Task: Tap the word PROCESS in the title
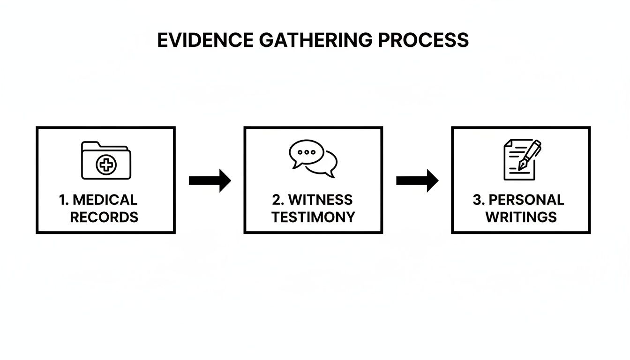tap(423, 40)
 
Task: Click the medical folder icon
tap(106, 160)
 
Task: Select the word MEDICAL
tap(105, 200)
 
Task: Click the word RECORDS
tap(104, 217)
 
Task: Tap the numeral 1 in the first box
tap(62, 200)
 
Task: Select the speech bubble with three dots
tap(306, 153)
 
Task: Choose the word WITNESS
tap(320, 200)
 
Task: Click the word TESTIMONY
tap(313, 217)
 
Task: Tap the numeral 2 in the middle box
tap(277, 200)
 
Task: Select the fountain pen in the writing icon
tap(530, 154)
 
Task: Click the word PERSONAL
tap(526, 200)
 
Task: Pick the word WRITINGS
tap(521, 217)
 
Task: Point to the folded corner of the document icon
tap(507, 143)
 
